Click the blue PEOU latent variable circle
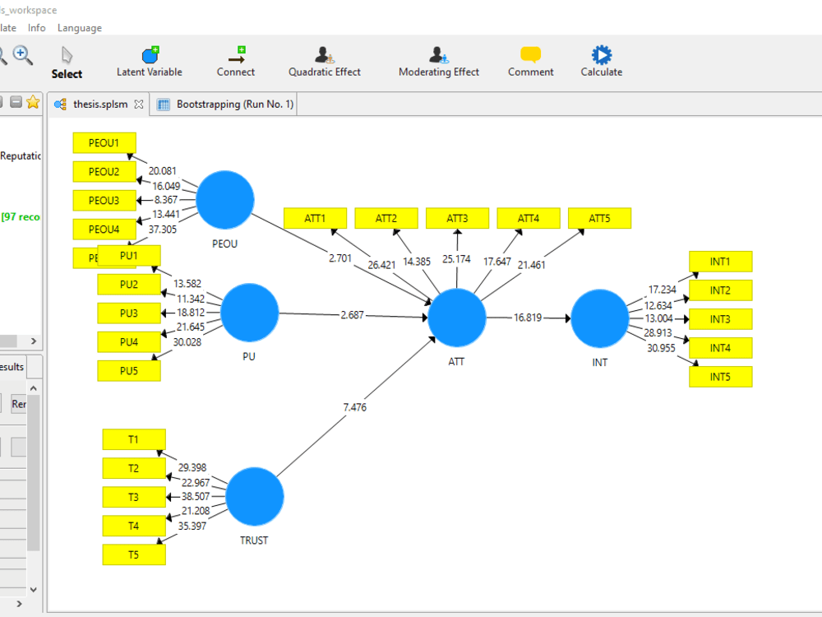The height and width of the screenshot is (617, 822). tap(225, 199)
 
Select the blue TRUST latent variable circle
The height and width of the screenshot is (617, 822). tap(255, 496)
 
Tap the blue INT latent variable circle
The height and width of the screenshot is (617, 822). tap(599, 318)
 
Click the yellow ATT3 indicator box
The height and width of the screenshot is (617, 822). tap(457, 218)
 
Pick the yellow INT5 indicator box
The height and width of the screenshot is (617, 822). tap(720, 377)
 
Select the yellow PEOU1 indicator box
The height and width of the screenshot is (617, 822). tap(104, 142)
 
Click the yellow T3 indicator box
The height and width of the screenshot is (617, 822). tap(133, 497)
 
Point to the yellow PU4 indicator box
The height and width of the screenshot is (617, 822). tap(128, 341)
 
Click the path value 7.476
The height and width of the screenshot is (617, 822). tap(354, 406)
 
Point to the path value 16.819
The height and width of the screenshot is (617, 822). tap(528, 318)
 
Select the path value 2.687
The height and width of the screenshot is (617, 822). tap(353, 315)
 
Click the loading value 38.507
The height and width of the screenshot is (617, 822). tap(196, 497)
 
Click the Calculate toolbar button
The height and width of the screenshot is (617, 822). tap(602, 62)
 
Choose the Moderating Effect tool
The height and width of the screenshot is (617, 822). tap(439, 62)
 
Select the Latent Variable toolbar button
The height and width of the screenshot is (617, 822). tap(150, 62)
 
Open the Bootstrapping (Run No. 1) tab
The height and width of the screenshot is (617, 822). tap(234, 104)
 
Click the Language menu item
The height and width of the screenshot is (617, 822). tap(80, 28)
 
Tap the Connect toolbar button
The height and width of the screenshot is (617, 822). tap(236, 62)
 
